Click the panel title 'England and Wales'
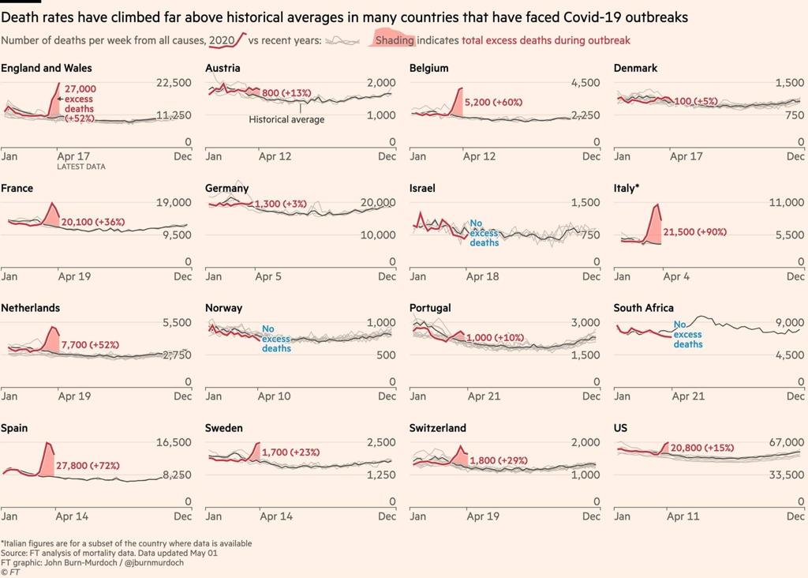47,68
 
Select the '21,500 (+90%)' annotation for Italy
694,232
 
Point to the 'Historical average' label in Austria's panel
286,119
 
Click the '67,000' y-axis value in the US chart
785,442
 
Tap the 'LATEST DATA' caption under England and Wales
80,167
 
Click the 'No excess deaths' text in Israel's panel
484,233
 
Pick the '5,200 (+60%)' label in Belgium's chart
493,103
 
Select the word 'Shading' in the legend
394,40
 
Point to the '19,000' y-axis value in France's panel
174,203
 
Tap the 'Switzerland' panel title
437,428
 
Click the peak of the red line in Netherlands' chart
53,327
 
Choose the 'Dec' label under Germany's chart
387,276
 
